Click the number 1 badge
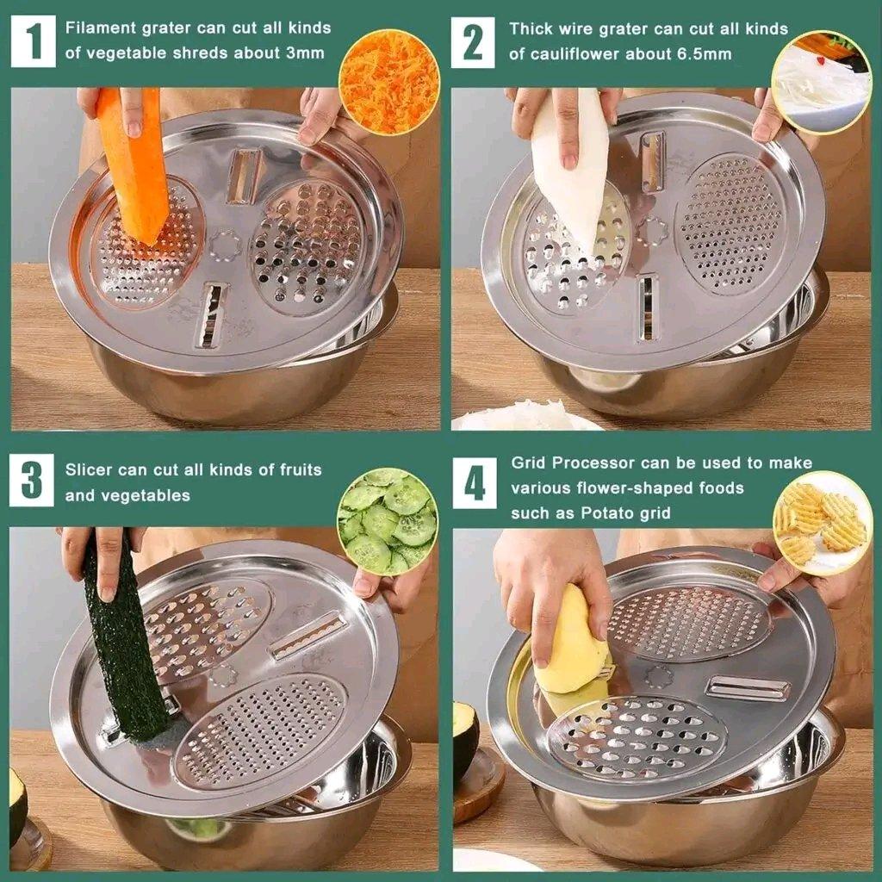(x=33, y=40)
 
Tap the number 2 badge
(x=473, y=41)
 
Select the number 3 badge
(x=32, y=480)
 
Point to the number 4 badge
(x=475, y=483)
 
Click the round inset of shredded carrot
(x=389, y=82)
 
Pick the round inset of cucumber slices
(x=388, y=521)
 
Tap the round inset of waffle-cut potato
(x=822, y=523)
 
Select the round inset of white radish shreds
(x=821, y=82)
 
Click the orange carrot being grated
(x=134, y=164)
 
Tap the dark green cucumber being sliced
(x=125, y=637)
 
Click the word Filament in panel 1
(x=96, y=28)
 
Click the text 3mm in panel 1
(x=305, y=53)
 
